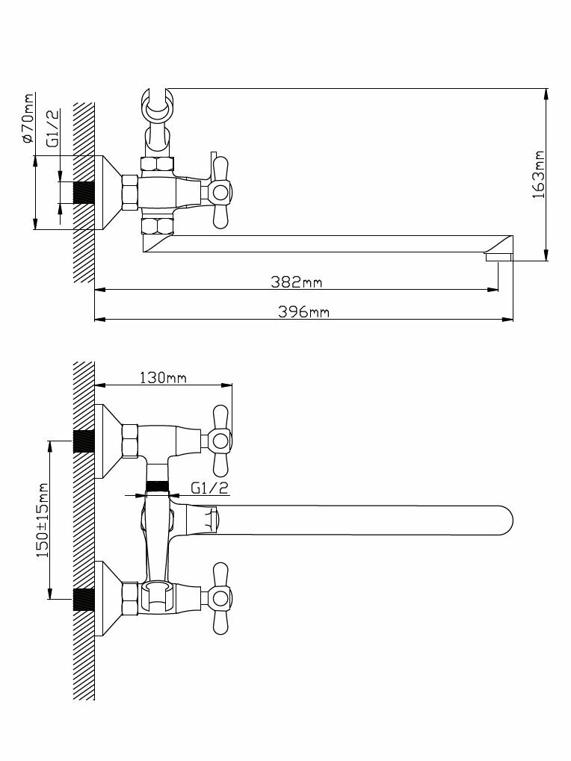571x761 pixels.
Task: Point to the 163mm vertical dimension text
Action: [x=539, y=174]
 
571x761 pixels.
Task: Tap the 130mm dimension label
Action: [x=163, y=377]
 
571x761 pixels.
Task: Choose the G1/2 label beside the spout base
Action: [x=209, y=488]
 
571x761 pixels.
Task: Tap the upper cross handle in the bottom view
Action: [x=220, y=441]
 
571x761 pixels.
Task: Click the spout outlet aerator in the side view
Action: [x=499, y=258]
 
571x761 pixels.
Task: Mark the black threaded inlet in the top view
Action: [x=84, y=193]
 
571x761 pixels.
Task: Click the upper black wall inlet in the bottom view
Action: [x=84, y=441]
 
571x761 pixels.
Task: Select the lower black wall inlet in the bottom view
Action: [x=84, y=598]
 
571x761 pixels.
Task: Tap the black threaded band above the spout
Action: [x=157, y=486]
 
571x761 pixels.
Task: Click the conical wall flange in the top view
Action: [x=108, y=193]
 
